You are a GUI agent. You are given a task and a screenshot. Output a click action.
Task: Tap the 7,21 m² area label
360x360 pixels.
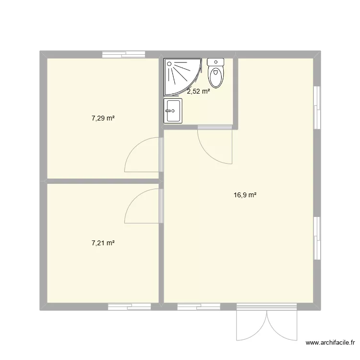pyautogui.click(x=103, y=243)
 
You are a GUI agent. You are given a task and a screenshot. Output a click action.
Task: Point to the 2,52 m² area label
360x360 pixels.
pyautogui.click(x=198, y=91)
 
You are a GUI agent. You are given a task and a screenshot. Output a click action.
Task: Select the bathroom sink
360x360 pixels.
pyautogui.click(x=172, y=111)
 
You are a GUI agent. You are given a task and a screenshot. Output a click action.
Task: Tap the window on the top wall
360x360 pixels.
pyautogui.click(x=124, y=54)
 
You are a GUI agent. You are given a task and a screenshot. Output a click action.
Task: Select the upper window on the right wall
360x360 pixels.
pyautogui.click(x=316, y=107)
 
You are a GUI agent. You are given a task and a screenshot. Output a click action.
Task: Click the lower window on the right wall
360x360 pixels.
pyautogui.click(x=316, y=238)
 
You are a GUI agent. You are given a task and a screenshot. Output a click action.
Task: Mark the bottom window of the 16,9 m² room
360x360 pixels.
pyautogui.click(x=199, y=306)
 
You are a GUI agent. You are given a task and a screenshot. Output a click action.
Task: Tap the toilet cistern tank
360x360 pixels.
pyautogui.click(x=216, y=62)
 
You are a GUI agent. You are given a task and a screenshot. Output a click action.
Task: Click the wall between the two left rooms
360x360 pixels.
pyautogui.click(x=103, y=181)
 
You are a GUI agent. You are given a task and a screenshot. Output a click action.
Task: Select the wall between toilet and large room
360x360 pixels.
pyautogui.click(x=236, y=91)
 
